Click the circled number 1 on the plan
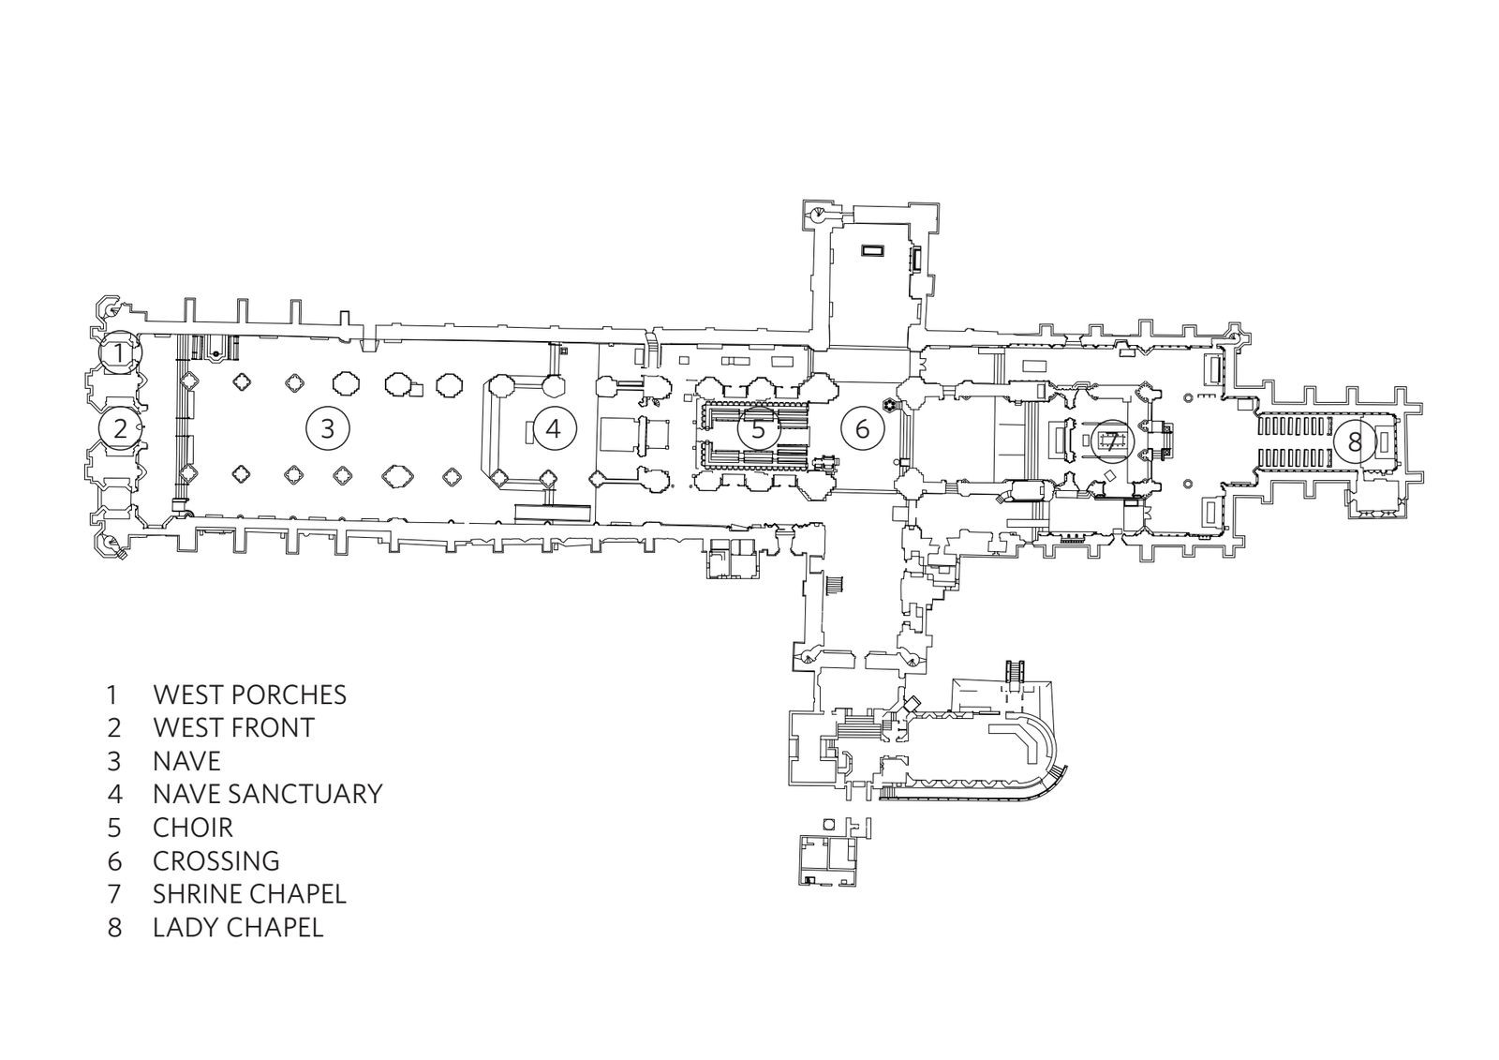coord(119,353)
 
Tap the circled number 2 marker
coord(119,428)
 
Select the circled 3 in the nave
coord(327,428)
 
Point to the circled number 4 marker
coord(554,428)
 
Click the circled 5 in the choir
coord(758,430)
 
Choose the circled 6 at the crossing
coord(862,428)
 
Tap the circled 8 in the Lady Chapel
coord(1354,440)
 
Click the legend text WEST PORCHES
coord(249,694)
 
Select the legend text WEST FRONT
coord(233,727)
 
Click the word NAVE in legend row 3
coord(186,760)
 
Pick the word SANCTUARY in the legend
coord(309,794)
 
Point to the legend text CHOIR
coord(193,828)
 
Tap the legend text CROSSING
coord(215,860)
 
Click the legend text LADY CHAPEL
coord(238,927)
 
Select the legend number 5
coord(114,828)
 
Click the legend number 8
coord(114,927)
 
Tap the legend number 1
coord(112,694)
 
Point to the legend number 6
coord(114,860)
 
